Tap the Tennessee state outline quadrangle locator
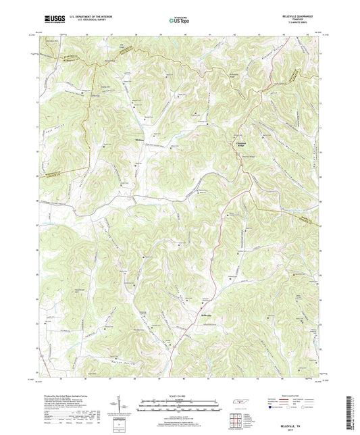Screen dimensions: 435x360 240,403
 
